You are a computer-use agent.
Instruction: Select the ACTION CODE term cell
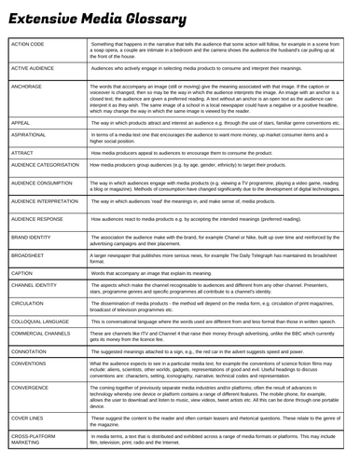click(31, 44)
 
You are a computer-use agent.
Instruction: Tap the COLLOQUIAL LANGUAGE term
click(43, 322)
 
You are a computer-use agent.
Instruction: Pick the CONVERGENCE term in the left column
click(34, 389)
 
